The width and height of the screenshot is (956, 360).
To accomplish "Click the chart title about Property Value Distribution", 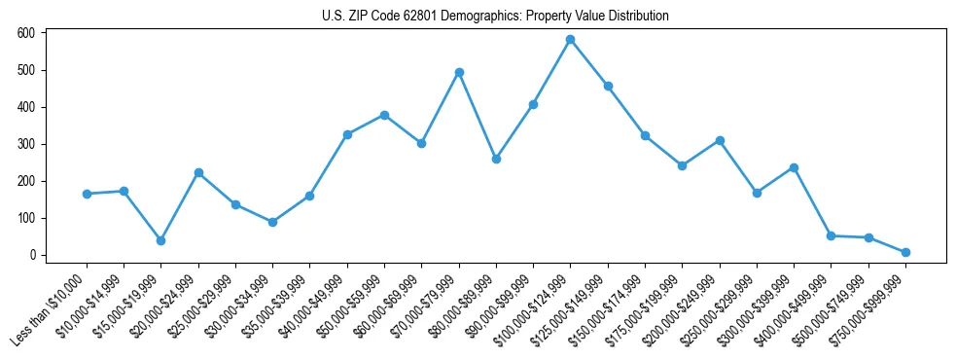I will point(495,17).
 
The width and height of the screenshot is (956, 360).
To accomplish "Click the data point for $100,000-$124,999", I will point(570,40).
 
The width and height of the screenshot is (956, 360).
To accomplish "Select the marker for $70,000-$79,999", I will point(459,72).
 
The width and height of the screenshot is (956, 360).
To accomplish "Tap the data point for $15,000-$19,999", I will point(160,240).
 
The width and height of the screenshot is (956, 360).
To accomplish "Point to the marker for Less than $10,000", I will point(87,194).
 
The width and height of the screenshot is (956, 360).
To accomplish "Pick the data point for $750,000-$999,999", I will point(905,252).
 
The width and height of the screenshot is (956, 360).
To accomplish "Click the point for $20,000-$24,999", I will point(198,172).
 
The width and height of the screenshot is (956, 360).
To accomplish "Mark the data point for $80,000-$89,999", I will point(496,159).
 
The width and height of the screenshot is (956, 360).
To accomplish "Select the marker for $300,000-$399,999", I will point(794,167).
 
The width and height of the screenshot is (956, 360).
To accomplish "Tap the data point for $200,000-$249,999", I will point(720,140).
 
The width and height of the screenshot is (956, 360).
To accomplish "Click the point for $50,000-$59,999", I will point(384,115).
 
